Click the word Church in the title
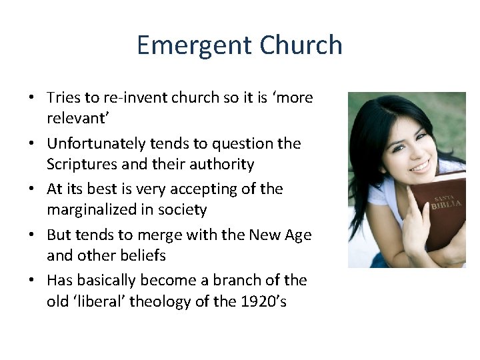click(301, 45)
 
